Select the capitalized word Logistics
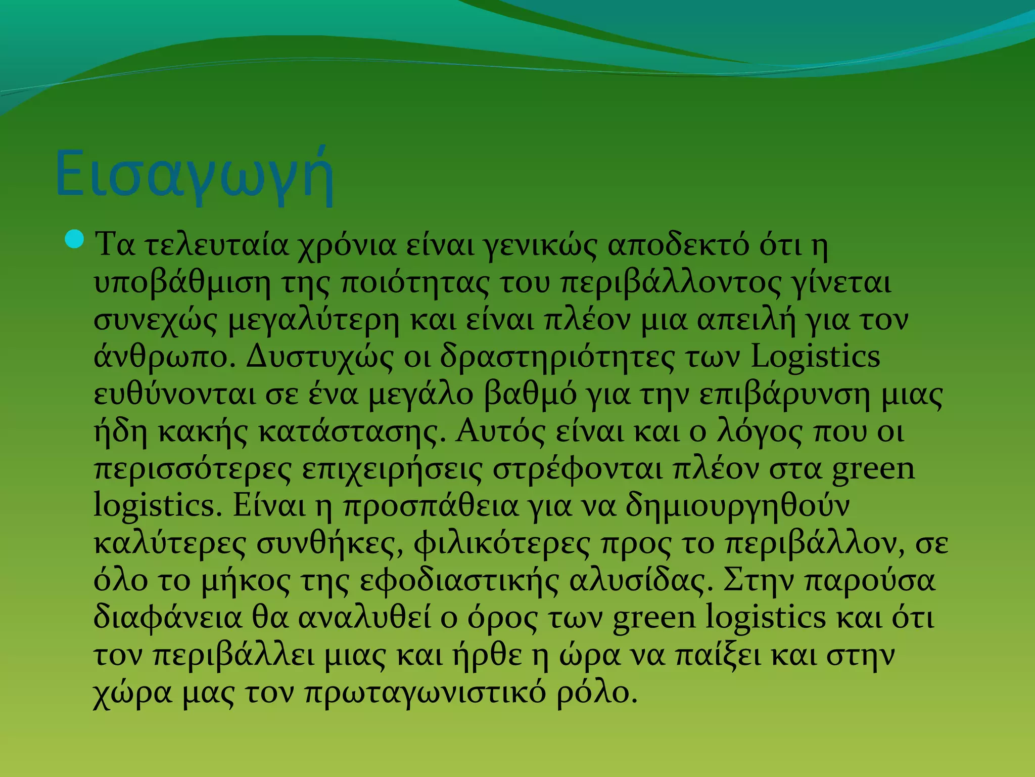[815, 357]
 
